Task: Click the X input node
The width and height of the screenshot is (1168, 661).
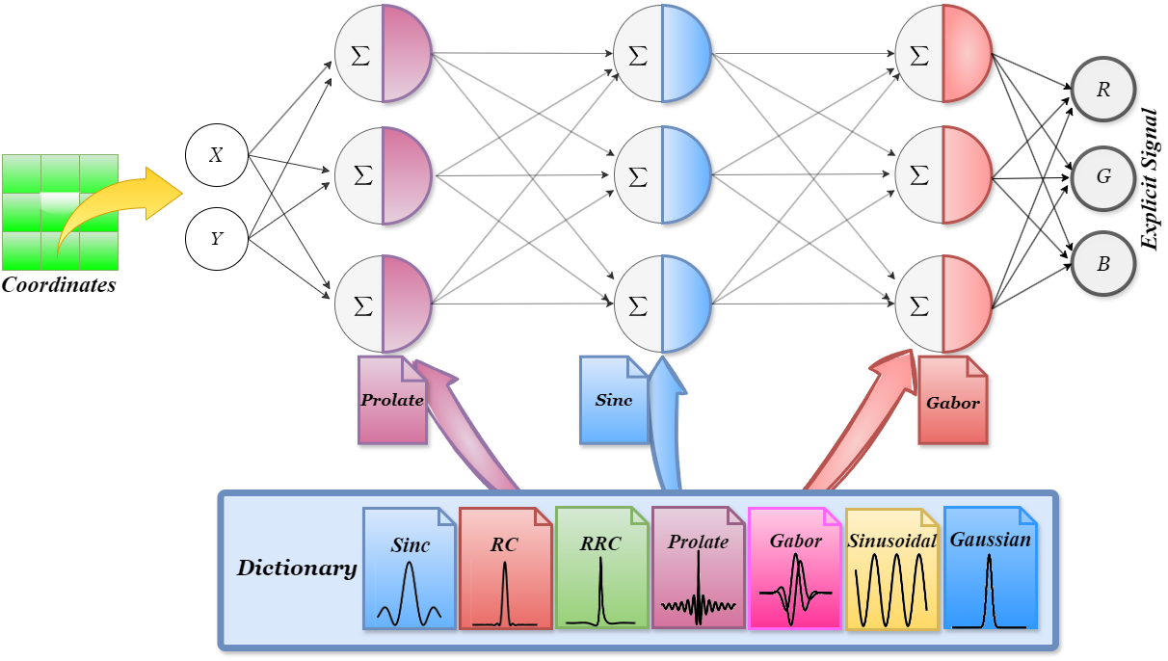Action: point(216,154)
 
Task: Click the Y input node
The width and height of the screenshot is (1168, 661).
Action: point(216,236)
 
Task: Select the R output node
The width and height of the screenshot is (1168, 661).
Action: point(1103,90)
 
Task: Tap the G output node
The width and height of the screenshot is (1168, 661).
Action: point(1103,176)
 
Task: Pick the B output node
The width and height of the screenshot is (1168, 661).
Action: point(1103,263)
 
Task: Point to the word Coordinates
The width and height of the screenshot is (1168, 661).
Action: point(59,285)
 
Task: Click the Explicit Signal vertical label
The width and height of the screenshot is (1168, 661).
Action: point(1148,178)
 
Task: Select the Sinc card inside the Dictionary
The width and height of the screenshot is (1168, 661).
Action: point(410,568)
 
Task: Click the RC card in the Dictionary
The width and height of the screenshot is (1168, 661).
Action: point(505,568)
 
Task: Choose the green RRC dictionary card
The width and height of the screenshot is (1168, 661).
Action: point(601,568)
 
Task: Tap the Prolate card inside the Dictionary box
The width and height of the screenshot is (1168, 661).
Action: point(698,568)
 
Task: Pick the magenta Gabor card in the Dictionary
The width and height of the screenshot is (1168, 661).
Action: point(795,568)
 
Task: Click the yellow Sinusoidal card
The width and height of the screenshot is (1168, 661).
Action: point(892,568)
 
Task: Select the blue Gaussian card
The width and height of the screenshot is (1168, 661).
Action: point(990,568)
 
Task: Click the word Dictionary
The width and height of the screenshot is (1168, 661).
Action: point(297,568)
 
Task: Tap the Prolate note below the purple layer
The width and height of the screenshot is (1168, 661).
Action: point(392,401)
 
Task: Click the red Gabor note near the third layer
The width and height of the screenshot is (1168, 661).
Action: point(953,401)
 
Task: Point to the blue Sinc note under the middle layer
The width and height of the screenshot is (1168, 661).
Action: point(614,401)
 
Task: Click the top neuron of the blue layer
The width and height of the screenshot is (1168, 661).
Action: point(662,54)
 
